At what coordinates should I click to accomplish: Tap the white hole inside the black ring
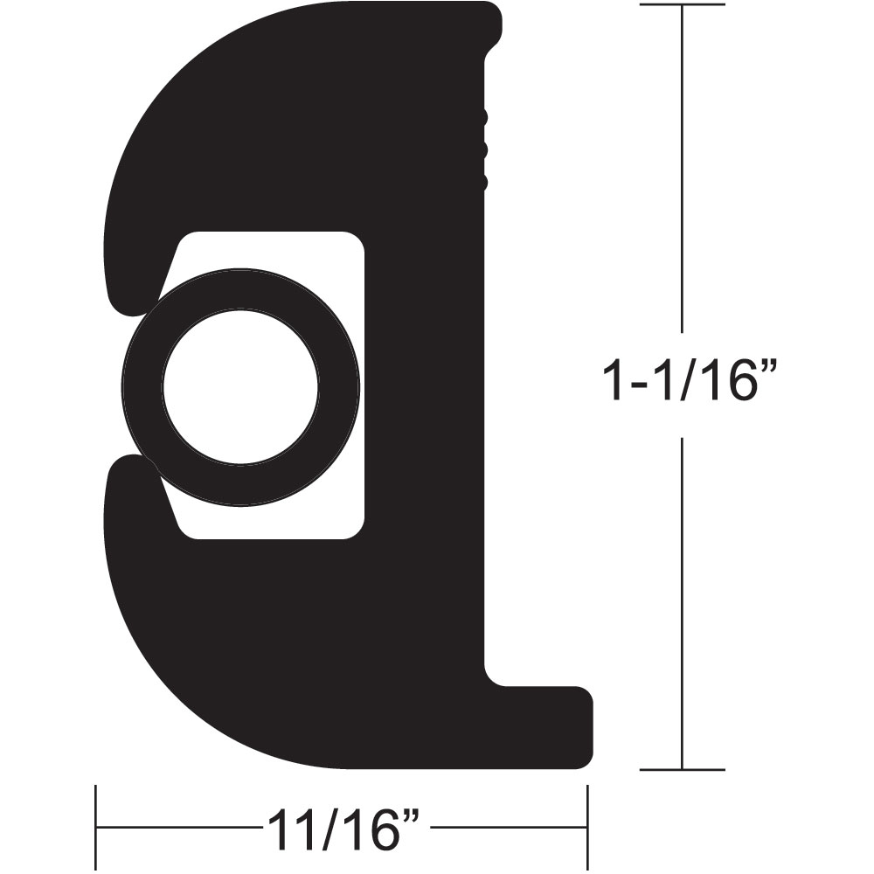pyautogui.click(x=240, y=386)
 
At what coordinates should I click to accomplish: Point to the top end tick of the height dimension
pyautogui.click(x=682, y=4)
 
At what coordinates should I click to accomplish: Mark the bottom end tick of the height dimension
pyautogui.click(x=682, y=770)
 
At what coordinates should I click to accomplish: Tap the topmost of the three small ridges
pyautogui.click(x=483, y=118)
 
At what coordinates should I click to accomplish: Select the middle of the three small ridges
pyautogui.click(x=483, y=150)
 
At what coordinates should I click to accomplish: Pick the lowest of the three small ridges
pyautogui.click(x=483, y=182)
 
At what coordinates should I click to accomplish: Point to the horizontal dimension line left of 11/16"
pyautogui.click(x=175, y=827)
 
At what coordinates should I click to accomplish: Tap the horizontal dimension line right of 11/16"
pyautogui.click(x=507, y=827)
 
